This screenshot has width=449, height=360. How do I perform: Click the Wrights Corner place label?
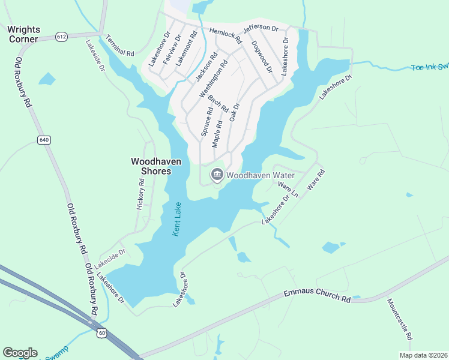point(23,34)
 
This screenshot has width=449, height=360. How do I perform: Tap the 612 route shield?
point(62,37)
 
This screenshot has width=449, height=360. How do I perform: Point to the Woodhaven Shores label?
point(151,166)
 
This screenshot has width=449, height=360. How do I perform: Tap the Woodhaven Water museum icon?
point(216,175)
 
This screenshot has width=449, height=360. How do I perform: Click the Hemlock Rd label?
point(225,35)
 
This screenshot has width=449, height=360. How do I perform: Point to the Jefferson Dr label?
point(261,28)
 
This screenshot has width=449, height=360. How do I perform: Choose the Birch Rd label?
point(218,103)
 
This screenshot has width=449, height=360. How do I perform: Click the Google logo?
point(20,353)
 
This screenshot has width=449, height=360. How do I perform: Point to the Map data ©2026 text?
point(423,355)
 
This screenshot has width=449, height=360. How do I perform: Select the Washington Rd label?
point(214,79)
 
